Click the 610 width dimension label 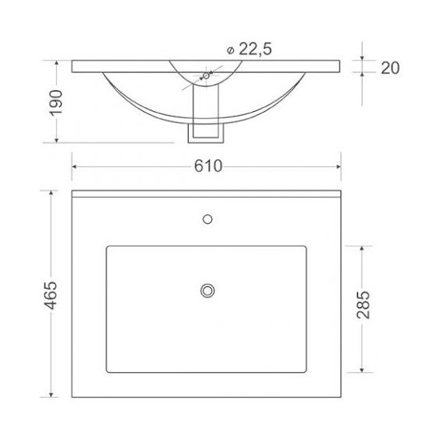coord(208,166)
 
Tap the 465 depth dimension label coord(51,295)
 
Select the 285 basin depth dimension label coord(363,305)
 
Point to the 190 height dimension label coord(56,103)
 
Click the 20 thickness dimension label coord(390,68)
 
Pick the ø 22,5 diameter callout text coord(249,49)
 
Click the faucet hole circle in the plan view coord(208,219)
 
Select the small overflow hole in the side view coord(206,75)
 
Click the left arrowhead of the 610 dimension coord(74,166)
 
